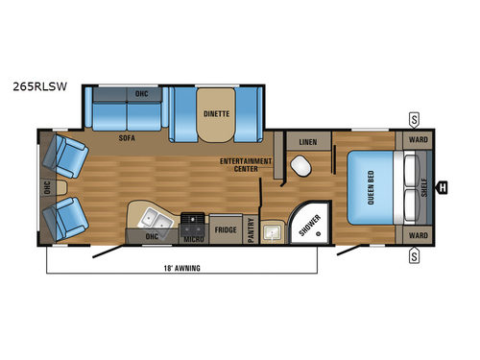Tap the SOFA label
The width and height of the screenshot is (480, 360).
127,138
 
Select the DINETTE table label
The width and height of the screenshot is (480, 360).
215,111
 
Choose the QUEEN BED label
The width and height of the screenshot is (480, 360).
372,185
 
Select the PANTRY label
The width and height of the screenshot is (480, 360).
251,229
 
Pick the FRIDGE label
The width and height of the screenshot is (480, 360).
225,229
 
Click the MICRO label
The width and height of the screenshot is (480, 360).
193,239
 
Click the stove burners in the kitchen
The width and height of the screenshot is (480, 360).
193,220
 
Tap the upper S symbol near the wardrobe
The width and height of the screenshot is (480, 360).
414,118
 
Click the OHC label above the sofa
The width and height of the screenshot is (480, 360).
141,93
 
